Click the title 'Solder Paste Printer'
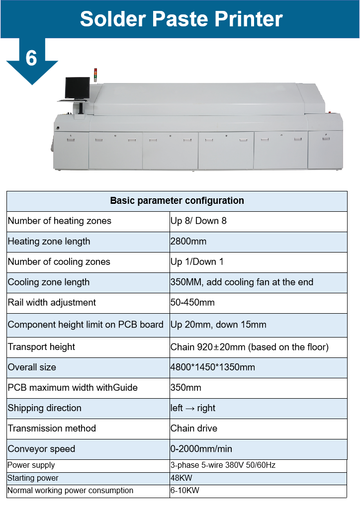click(181, 19)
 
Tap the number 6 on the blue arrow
click(31, 58)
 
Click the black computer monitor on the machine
click(78, 88)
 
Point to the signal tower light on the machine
click(96, 75)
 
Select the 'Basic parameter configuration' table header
click(177, 200)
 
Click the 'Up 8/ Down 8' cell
click(198, 221)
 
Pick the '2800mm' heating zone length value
click(188, 241)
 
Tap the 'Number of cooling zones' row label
click(59, 261)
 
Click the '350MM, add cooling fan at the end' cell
click(242, 282)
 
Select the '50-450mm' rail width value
click(192, 302)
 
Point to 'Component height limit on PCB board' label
click(86, 325)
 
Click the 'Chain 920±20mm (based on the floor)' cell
click(250, 347)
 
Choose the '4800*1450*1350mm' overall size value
click(212, 367)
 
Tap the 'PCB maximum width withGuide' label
click(73, 388)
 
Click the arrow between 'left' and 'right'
click(190, 409)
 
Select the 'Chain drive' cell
click(194, 428)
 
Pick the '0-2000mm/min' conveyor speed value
click(201, 448)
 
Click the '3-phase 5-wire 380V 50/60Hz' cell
click(223, 465)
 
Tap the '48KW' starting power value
click(181, 478)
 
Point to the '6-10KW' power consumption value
click(185, 490)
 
